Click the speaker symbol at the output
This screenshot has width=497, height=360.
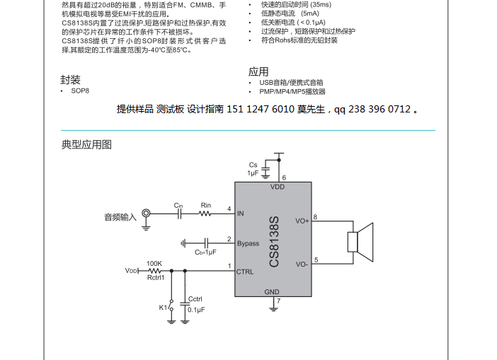point(360,240)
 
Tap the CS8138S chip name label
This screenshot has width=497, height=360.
point(274,242)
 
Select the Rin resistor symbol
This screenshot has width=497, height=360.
point(205,212)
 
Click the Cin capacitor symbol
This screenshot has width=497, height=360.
point(179,212)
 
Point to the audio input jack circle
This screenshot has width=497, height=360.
point(146,212)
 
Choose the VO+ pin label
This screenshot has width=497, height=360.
point(302,221)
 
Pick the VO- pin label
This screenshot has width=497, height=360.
point(302,264)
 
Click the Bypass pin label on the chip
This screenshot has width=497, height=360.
point(248,244)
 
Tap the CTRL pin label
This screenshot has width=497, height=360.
point(245,272)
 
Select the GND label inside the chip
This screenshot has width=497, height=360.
point(272,291)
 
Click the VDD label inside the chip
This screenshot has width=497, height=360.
point(278,187)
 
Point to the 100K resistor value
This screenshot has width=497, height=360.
point(154,263)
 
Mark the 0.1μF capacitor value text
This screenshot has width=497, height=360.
point(196,310)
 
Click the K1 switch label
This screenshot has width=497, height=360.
point(163,308)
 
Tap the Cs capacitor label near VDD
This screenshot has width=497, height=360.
point(253,165)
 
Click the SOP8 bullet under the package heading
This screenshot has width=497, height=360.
point(79,91)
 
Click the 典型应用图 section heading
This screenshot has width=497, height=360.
point(86,145)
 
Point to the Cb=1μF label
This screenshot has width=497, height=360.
point(205,252)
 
